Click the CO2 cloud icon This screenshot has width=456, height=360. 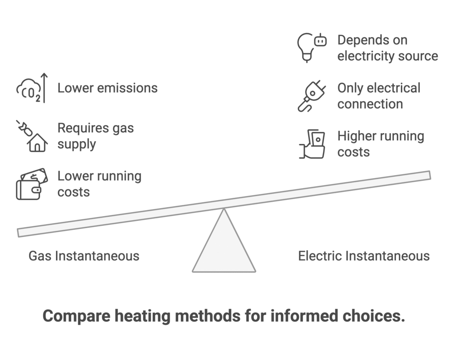coord(28,90)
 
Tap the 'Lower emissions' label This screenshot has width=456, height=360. coord(107,88)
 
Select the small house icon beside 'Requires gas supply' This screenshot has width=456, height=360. coord(37,143)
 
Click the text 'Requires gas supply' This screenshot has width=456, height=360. coord(95,136)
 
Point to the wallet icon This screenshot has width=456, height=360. coord(32,184)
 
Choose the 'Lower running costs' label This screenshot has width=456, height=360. coord(99,184)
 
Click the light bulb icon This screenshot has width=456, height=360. coord(305,48)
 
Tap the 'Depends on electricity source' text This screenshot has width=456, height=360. coord(387,48)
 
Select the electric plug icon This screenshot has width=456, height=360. coord(312,96)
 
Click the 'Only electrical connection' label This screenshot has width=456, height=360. coord(379,96)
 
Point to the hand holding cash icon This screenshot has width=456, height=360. coord(312,144)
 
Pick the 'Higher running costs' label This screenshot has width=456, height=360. coord(380,144)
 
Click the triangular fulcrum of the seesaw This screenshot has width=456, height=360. coord(224,247)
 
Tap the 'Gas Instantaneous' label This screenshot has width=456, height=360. coord(84,256)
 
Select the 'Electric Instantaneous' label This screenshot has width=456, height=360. coord(364,256)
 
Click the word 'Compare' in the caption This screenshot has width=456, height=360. coord(77,316)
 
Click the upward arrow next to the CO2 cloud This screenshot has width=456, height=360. coord(44,88)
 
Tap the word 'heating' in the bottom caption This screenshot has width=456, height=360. coord(142,316)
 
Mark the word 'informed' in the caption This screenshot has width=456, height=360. coord(304,316)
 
